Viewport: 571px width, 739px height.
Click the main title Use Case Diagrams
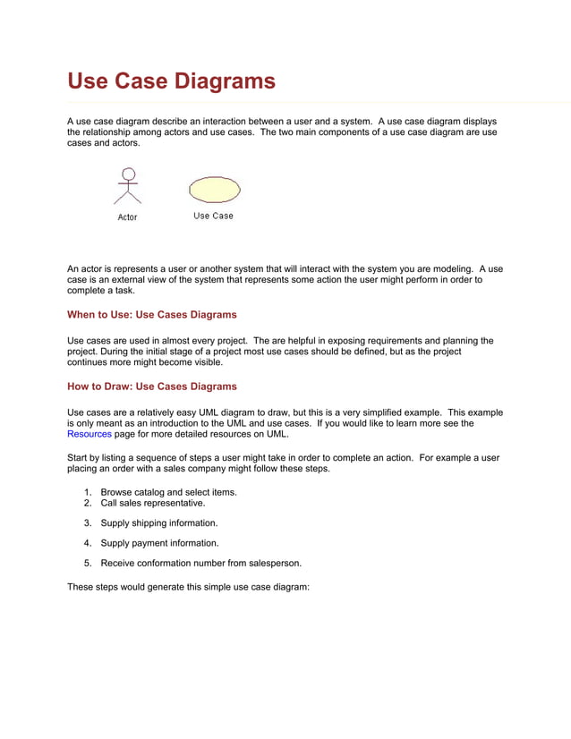coord(171,82)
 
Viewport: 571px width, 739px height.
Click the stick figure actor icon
coord(128,186)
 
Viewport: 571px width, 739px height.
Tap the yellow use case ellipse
coord(214,189)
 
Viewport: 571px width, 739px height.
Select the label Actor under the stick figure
coord(128,217)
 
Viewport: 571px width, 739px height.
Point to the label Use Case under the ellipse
coord(213,216)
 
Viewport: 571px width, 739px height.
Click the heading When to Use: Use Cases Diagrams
coord(152,315)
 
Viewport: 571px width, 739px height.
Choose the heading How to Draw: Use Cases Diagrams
coord(152,386)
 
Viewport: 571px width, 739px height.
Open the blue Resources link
coord(89,434)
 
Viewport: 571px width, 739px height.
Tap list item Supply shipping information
coord(158,522)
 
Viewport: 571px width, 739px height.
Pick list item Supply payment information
coord(159,543)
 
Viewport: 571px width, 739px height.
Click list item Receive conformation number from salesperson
coord(200,564)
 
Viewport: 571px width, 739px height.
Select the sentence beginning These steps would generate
coord(188,588)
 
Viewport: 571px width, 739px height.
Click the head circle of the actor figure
coord(128,174)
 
